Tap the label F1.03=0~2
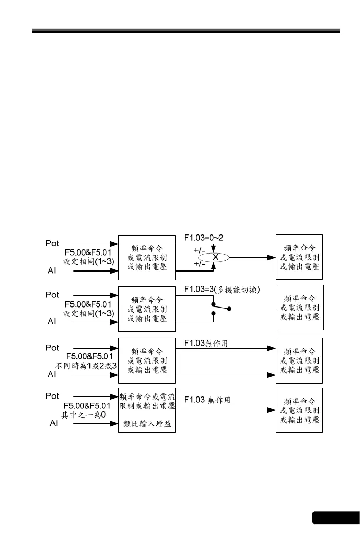pos(204,238)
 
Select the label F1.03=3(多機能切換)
pos(222,290)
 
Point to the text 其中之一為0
pos(83,414)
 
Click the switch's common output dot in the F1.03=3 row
pos(229,309)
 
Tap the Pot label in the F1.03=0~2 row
pos(52,243)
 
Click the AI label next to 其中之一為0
pos(53,423)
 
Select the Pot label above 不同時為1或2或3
pos(52,348)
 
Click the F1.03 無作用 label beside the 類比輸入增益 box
pos(207,400)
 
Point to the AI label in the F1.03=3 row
pos(52,321)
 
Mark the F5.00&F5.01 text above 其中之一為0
pos(87,405)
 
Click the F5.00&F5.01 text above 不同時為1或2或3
pos(89,356)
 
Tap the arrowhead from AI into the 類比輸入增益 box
pos(115,424)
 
